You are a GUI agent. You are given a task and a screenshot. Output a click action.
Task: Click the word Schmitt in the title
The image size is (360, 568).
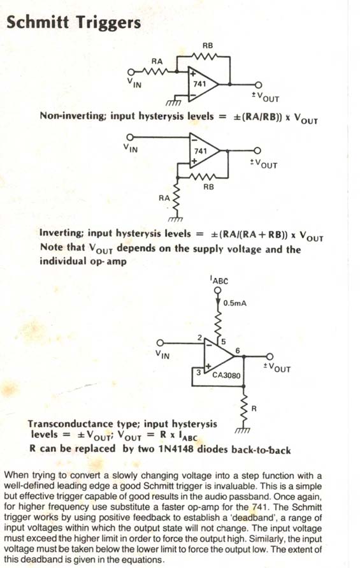(x=38, y=22)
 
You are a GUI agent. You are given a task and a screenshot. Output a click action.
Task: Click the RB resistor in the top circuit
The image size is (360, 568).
(x=203, y=57)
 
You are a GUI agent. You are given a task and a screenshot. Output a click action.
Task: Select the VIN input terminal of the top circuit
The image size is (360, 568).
(x=131, y=71)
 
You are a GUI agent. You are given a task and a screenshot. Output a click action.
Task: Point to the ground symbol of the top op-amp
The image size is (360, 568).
(x=173, y=103)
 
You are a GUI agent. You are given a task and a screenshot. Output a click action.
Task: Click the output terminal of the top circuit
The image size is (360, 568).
(x=258, y=85)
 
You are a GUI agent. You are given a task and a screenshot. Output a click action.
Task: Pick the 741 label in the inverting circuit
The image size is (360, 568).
(x=200, y=150)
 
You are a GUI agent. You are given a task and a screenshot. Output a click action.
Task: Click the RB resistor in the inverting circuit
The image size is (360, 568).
(x=203, y=177)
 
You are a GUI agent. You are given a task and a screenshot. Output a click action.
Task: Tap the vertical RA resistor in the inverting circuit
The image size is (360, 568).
(x=177, y=198)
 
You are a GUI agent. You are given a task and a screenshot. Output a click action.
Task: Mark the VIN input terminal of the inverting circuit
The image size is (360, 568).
(x=130, y=137)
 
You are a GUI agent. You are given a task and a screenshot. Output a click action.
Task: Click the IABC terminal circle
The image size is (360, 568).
(x=217, y=291)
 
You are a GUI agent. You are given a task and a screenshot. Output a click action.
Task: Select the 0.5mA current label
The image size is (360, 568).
(x=234, y=303)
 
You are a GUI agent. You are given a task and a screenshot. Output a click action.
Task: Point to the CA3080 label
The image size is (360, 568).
(x=226, y=375)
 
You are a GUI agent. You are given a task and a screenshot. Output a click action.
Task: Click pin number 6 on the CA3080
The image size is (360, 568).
(x=238, y=350)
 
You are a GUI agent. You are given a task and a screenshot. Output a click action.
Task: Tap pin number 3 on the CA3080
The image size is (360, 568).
(x=198, y=372)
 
